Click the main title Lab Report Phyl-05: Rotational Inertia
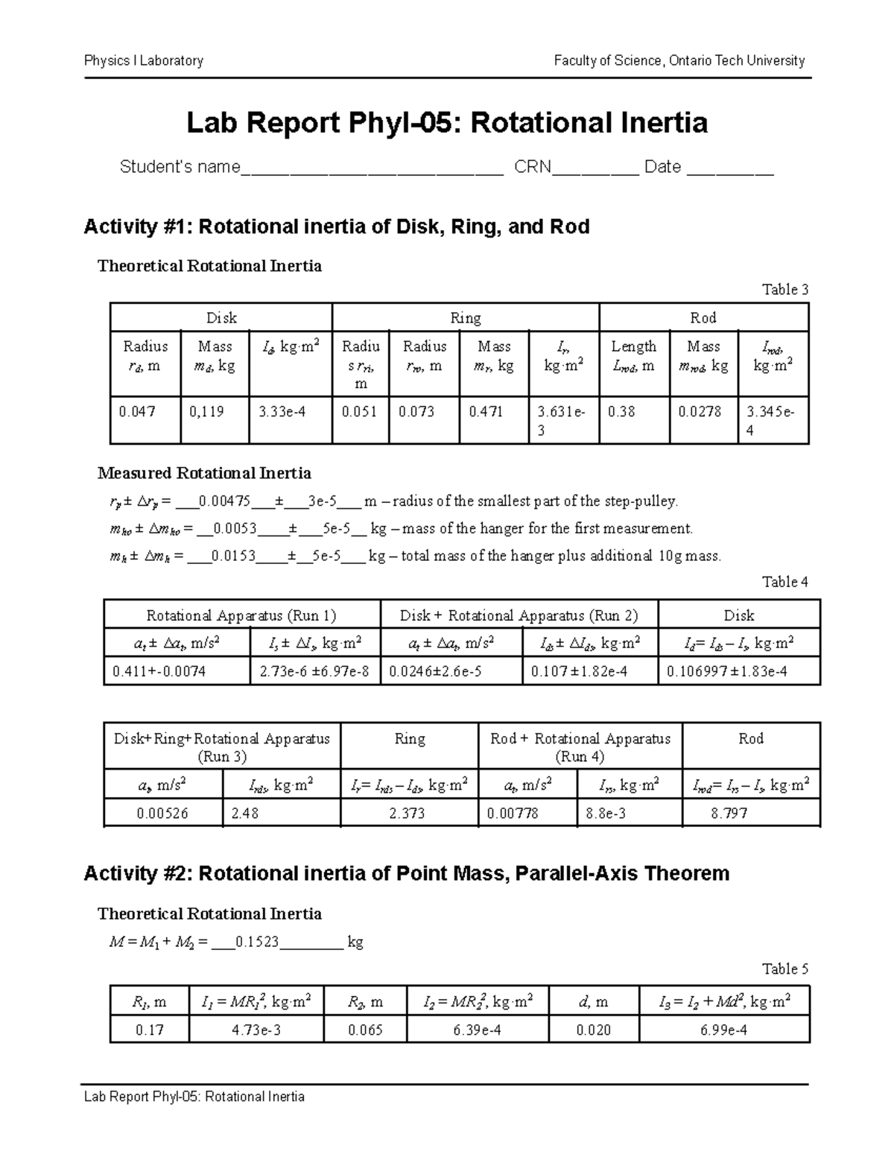pos(447,123)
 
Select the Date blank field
pos(730,168)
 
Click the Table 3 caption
pos(784,290)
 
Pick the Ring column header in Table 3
pos(466,318)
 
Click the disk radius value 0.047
pos(137,411)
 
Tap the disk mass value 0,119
pos(206,411)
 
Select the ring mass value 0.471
pos(486,411)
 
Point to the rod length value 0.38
pos(621,411)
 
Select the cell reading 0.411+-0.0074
pos(159,672)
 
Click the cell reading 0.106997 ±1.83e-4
pos(727,672)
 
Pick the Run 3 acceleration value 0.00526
pos(162,814)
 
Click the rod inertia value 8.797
pos(729,814)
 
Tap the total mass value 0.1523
pos(256,942)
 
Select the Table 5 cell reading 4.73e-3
pos(256,1030)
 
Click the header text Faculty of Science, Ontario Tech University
pos(679,61)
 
